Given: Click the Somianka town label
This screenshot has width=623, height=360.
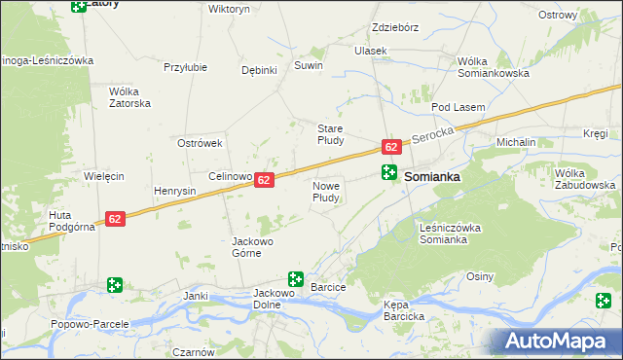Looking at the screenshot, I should (x=431, y=178).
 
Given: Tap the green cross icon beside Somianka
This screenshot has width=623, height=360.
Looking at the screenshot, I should (x=388, y=173).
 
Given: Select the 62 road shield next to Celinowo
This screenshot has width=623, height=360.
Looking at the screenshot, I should (x=265, y=180).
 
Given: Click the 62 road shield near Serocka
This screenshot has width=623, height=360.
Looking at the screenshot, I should (x=390, y=147).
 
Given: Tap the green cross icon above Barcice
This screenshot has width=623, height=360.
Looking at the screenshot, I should (x=295, y=279).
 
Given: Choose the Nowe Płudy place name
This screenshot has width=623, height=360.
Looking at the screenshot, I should (x=326, y=191).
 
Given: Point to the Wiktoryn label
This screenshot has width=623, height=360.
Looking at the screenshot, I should (x=229, y=8).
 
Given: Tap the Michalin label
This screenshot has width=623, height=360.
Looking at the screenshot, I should (x=516, y=142).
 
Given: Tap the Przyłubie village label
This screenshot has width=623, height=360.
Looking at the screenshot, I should (x=184, y=67).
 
